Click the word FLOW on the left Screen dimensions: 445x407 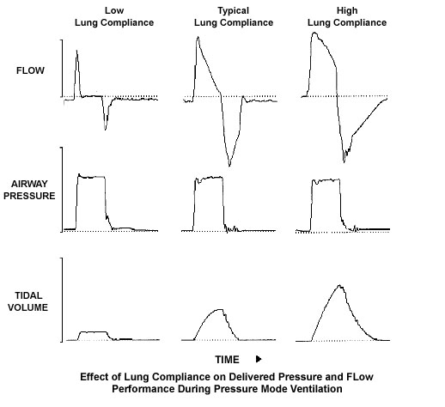pyautogui.click(x=30, y=70)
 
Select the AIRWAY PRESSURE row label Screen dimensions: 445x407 pyautogui.click(x=29, y=190)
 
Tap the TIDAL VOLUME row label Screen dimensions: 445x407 pyautogui.click(x=28, y=301)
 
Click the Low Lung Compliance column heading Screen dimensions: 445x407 pyautogui.click(x=114, y=16)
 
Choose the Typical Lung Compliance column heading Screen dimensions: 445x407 pyautogui.click(x=234, y=16)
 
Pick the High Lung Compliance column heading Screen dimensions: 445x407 pyautogui.click(x=347, y=16)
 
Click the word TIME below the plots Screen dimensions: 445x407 pyautogui.click(x=227, y=360)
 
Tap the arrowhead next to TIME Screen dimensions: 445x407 pyautogui.click(x=259, y=359)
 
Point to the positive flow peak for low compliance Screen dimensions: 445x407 pyautogui.click(x=76, y=51)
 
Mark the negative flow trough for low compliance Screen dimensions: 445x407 pyautogui.click(x=106, y=130)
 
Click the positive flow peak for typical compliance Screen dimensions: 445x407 pyautogui.click(x=198, y=37)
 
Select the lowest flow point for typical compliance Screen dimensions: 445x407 pyautogui.click(x=229, y=166)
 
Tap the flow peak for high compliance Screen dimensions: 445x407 pyautogui.click(x=314, y=33)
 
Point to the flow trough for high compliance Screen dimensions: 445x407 pyautogui.click(x=344, y=162)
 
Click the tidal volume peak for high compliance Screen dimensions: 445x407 pyautogui.click(x=340, y=285)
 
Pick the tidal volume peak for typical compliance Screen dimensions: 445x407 pyautogui.click(x=220, y=309)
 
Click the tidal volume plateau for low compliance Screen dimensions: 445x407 pyautogui.click(x=93, y=332)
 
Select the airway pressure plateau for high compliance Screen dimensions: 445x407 pyautogui.click(x=326, y=180)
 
